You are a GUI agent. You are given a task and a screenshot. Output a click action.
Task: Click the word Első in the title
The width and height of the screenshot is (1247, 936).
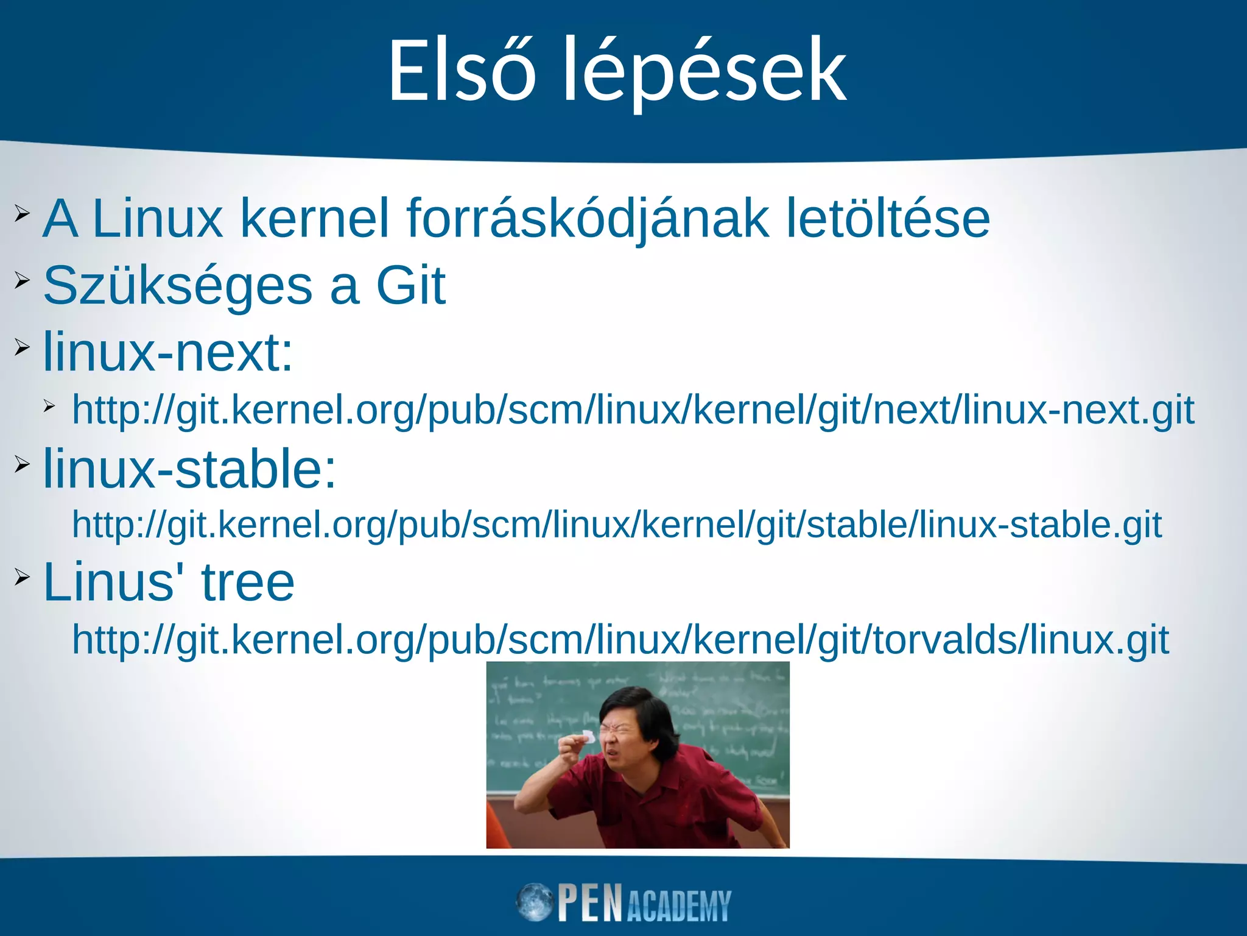click(462, 72)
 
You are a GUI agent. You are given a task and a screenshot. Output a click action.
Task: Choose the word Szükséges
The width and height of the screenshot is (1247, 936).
click(178, 286)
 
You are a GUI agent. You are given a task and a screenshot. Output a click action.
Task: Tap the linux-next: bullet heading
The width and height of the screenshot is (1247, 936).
click(168, 352)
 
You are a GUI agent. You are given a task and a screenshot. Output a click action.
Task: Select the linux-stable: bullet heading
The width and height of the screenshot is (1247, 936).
click(189, 469)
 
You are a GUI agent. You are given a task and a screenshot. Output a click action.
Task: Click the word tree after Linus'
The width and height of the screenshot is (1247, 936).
click(248, 582)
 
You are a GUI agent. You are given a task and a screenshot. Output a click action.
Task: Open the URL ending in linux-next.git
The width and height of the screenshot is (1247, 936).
click(633, 410)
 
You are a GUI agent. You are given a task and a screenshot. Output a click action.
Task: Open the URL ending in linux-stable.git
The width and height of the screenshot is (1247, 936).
click(617, 525)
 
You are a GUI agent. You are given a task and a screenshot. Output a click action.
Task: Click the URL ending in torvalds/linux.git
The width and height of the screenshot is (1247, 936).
click(620, 640)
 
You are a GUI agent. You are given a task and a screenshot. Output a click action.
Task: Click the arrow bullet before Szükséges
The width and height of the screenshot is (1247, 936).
click(22, 280)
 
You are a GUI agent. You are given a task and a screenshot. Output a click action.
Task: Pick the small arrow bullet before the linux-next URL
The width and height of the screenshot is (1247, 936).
click(49, 405)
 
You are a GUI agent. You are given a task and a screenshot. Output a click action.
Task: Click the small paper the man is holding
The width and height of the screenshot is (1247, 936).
click(588, 735)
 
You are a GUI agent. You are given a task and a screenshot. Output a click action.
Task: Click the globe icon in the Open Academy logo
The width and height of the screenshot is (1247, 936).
click(535, 902)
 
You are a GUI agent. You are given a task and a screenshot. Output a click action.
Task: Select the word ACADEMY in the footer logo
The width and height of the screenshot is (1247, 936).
click(678, 906)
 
